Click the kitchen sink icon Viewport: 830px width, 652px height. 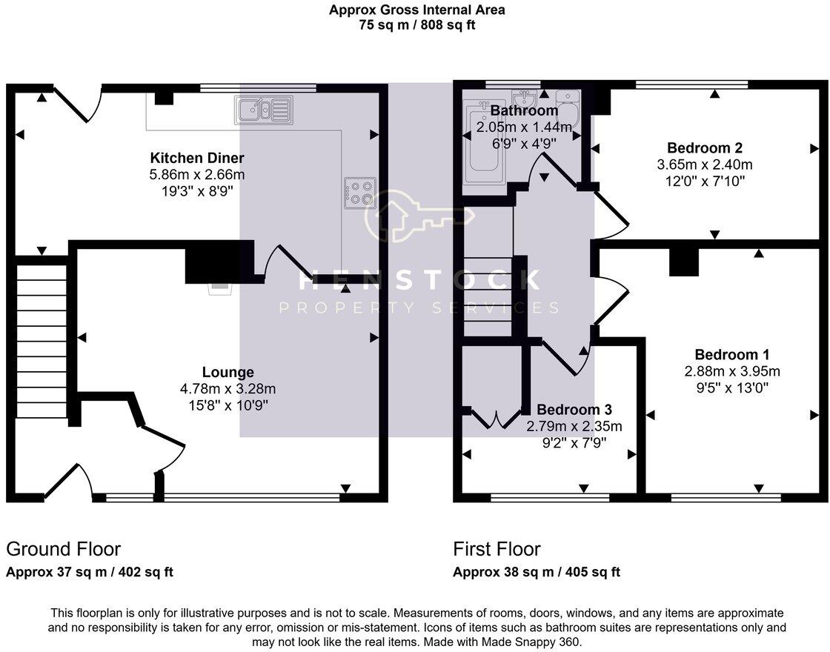264,110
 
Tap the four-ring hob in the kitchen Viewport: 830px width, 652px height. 360,193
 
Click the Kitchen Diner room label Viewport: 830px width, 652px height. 197,158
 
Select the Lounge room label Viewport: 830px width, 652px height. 228,372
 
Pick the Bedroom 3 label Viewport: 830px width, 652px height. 574,410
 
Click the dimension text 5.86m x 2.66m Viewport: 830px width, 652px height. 197,175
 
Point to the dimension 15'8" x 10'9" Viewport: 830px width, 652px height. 228,405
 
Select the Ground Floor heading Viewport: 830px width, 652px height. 63,549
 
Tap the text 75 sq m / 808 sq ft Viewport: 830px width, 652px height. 417,24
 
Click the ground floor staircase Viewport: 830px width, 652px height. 41,337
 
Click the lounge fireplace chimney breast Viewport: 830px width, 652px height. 211,263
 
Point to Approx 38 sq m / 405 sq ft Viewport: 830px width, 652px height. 537,572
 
